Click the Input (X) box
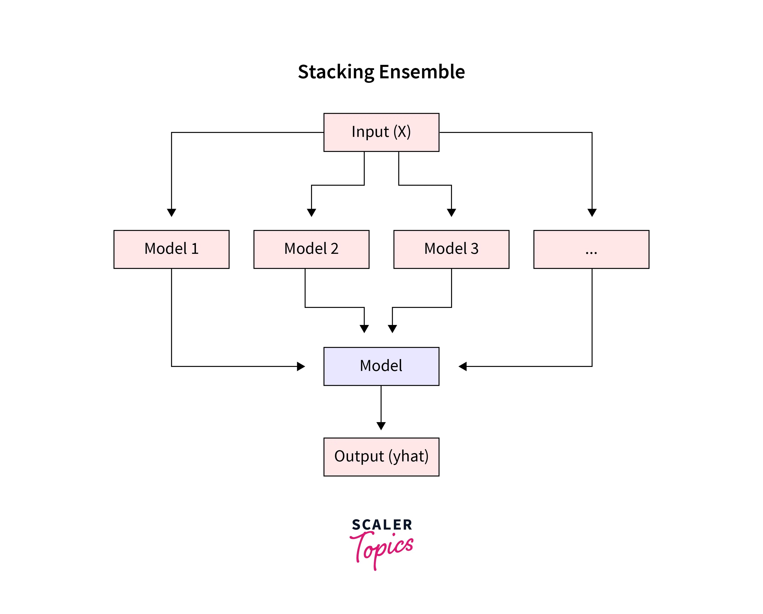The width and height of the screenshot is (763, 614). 381,132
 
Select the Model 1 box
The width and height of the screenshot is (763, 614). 171,249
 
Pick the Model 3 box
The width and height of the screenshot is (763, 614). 451,249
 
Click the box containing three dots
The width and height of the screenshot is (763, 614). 591,249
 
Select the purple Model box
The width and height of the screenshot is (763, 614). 381,366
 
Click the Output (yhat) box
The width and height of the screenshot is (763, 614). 381,456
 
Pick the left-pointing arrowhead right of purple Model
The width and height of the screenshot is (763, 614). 463,366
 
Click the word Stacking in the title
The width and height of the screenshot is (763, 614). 336,72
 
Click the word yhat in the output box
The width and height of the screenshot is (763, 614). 408,456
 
